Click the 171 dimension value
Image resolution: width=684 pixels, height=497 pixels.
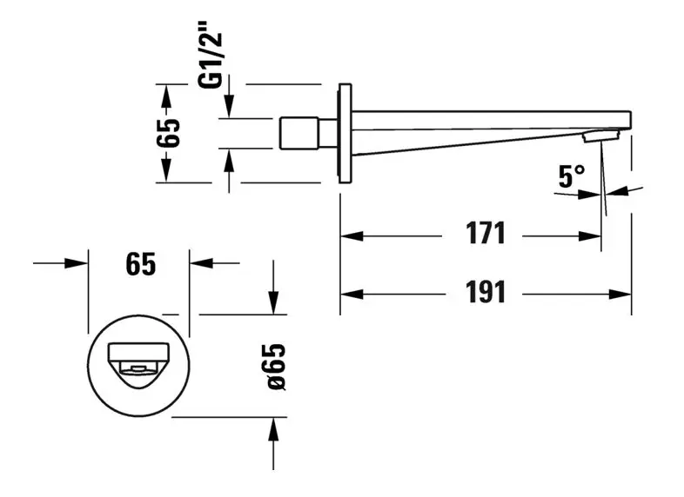point(485,235)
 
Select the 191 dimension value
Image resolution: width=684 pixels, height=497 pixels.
point(485,293)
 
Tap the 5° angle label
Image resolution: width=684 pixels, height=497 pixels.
point(571,176)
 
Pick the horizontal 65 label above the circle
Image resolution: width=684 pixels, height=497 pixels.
point(139,263)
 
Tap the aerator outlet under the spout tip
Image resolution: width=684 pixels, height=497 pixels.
point(600,136)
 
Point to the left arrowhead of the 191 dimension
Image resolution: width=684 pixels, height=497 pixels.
point(349,293)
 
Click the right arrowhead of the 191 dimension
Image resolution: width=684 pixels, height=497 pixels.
point(621,293)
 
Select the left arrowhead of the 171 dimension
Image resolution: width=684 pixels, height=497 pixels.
point(349,235)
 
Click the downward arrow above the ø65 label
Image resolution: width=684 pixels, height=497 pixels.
point(274,304)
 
